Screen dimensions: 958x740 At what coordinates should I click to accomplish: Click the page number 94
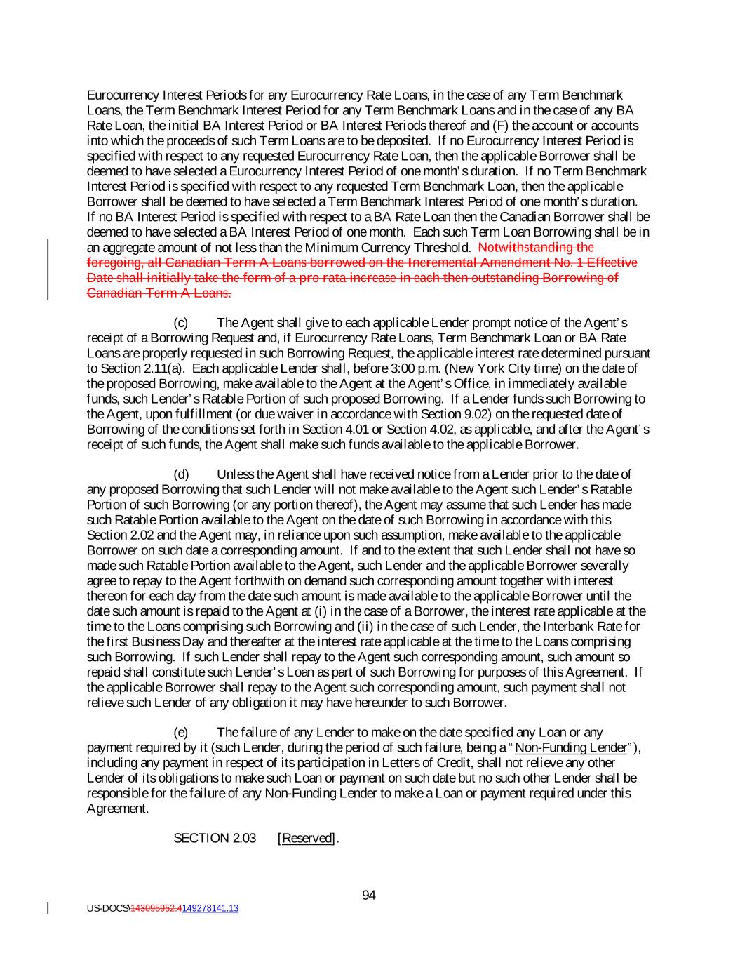pos(369,895)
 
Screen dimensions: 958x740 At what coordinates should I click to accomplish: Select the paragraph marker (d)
pos(181,474)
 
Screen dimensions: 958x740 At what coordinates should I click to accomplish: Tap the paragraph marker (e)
pos(181,733)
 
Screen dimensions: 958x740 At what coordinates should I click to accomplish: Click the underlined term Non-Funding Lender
pos(570,747)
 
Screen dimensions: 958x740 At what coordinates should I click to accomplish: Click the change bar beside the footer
pos(48,908)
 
